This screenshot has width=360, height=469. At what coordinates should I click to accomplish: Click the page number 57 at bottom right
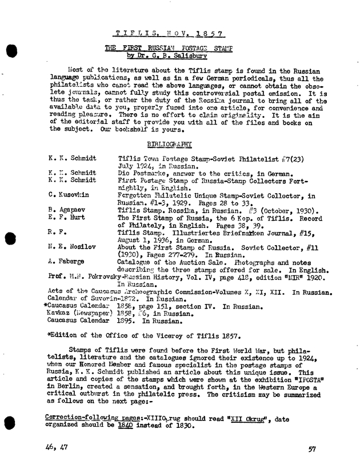click(312, 450)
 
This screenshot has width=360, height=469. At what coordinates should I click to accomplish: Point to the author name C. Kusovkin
click(69, 195)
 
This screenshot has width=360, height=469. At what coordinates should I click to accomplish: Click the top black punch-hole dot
click(11, 50)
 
